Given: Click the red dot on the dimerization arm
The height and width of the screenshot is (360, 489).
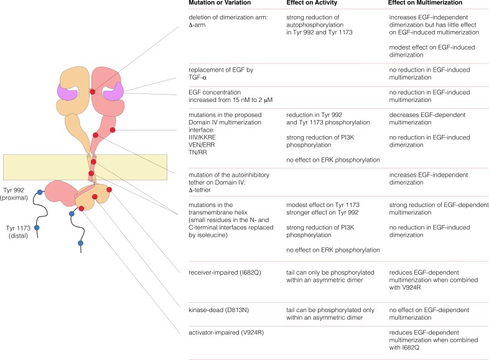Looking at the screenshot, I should (93, 91).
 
